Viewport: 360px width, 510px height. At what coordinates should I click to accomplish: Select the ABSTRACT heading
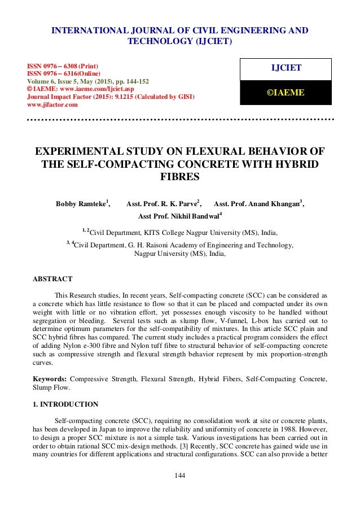click(x=52, y=279)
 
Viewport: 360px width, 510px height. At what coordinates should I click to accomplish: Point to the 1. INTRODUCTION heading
click(x=65, y=404)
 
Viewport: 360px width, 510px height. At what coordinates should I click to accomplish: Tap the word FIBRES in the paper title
click(x=180, y=177)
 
